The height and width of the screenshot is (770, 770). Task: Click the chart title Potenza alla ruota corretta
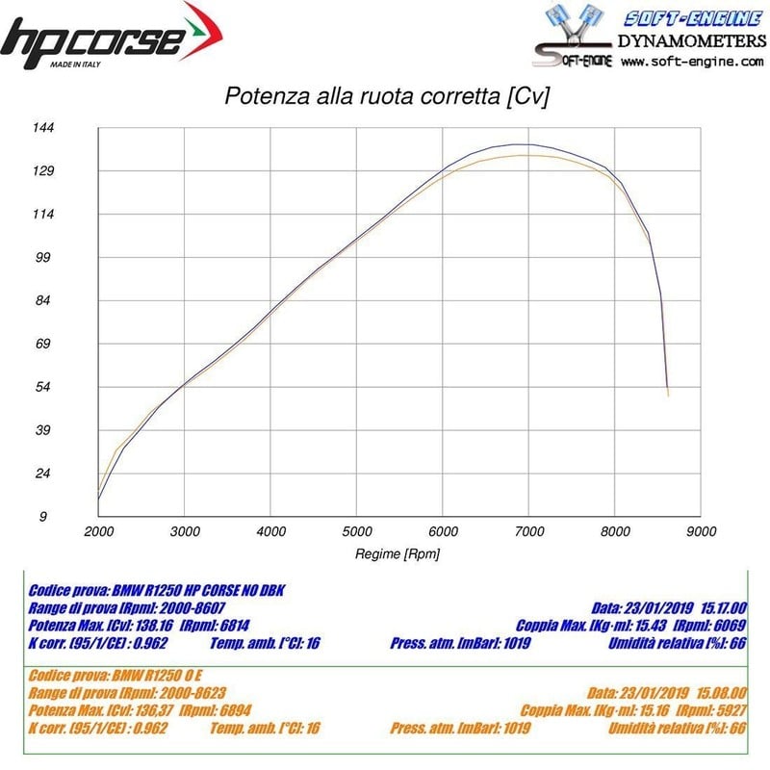pyautogui.click(x=386, y=97)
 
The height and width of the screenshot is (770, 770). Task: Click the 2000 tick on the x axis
pyautogui.click(x=98, y=530)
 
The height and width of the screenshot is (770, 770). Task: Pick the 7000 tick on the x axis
pyautogui.click(x=528, y=530)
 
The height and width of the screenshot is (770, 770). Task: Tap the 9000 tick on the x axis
pyautogui.click(x=701, y=530)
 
